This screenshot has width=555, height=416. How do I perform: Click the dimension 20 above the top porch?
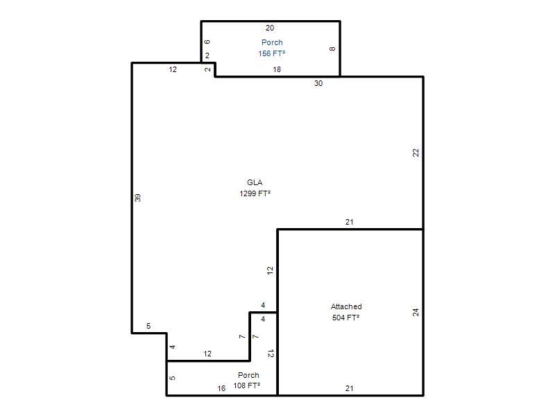pos(270,28)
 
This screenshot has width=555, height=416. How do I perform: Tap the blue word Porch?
pos(272,42)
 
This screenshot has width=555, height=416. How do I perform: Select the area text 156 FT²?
pos(271,53)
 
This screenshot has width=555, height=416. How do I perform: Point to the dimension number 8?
pos(332,49)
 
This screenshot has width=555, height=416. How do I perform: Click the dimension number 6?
pos(207,42)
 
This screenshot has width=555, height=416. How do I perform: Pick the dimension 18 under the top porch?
pos(277,70)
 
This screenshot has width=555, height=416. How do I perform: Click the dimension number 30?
pos(318,83)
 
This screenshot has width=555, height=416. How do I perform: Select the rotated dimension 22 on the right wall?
pos(416,153)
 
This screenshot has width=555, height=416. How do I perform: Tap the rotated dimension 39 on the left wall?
pos(137,198)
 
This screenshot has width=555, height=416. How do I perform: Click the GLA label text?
pos(255,182)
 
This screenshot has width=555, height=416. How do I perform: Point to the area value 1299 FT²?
pos(255,193)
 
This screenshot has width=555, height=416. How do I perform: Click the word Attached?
pos(346,306)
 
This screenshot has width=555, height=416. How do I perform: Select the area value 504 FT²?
pos(345,318)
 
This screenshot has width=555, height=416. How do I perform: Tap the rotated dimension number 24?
pos(416,313)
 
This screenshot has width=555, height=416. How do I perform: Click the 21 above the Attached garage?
pos(350,222)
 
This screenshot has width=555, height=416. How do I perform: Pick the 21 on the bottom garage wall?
pos(350,388)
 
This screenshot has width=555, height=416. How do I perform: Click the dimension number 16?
pos(221,388)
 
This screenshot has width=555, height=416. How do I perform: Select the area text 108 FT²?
pos(247,385)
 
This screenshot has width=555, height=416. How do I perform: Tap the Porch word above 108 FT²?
pos(248,375)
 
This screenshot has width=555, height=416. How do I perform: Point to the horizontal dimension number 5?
pos(148,326)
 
